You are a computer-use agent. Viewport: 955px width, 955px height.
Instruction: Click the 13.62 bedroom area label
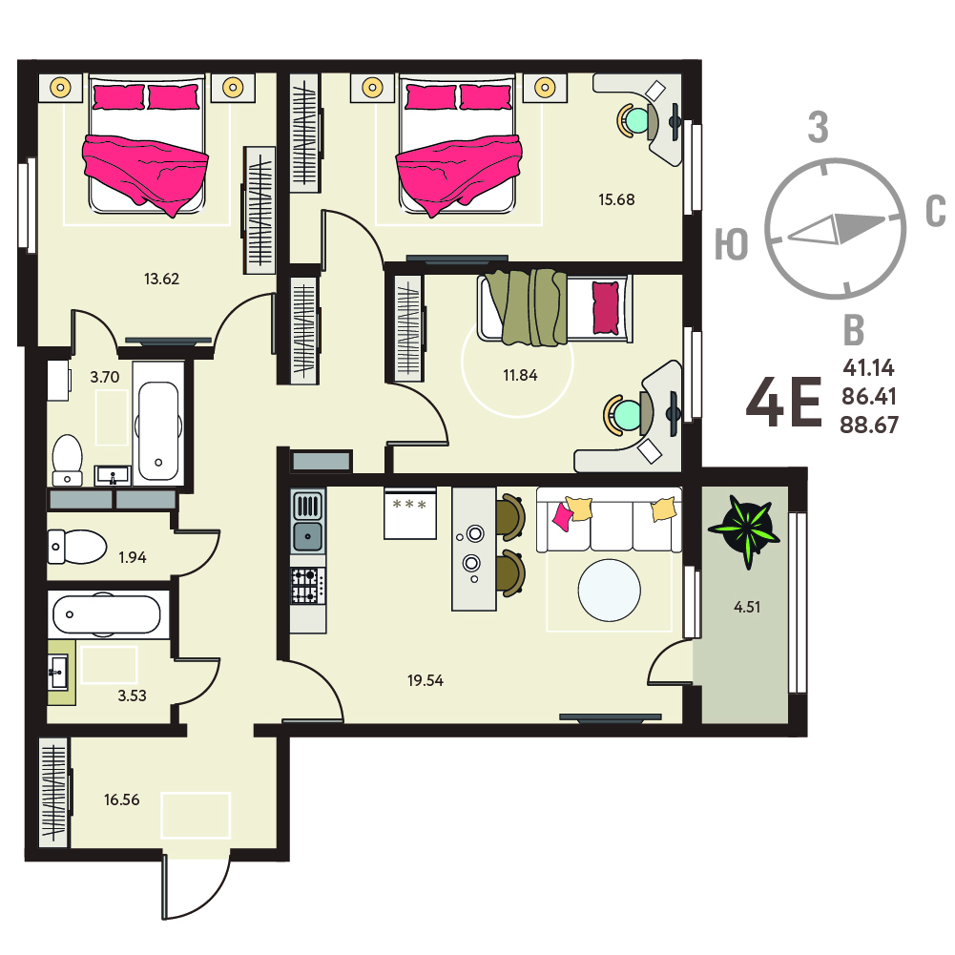[161, 279]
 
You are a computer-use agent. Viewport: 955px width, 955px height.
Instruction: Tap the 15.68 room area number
[616, 199]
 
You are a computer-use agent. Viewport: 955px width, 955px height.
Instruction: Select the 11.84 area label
[520, 375]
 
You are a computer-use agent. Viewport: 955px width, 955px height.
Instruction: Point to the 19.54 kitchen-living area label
[426, 680]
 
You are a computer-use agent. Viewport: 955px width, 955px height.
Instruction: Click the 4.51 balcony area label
[747, 607]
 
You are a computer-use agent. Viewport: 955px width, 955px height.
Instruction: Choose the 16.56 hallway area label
[122, 799]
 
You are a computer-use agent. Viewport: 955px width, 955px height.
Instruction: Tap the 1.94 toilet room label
[133, 557]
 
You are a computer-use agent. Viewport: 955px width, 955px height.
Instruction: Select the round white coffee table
[609, 591]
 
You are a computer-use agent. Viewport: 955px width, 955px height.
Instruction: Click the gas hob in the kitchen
[307, 585]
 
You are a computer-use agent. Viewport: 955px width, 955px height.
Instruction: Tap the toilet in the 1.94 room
[77, 547]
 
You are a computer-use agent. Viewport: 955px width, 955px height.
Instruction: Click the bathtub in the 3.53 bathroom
[108, 614]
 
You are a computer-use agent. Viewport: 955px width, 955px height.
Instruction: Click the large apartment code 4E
[784, 402]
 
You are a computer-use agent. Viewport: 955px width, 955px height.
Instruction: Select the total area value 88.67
[869, 425]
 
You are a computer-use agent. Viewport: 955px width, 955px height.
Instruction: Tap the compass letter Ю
[732, 244]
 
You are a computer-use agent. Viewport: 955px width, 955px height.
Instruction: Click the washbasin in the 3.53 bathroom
[58, 673]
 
